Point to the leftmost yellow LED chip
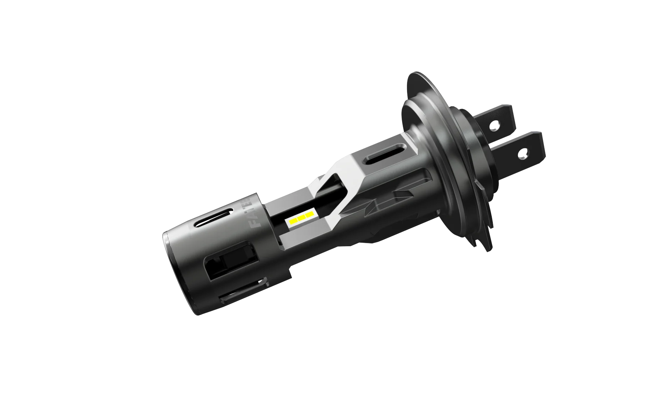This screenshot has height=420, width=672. [292, 222]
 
